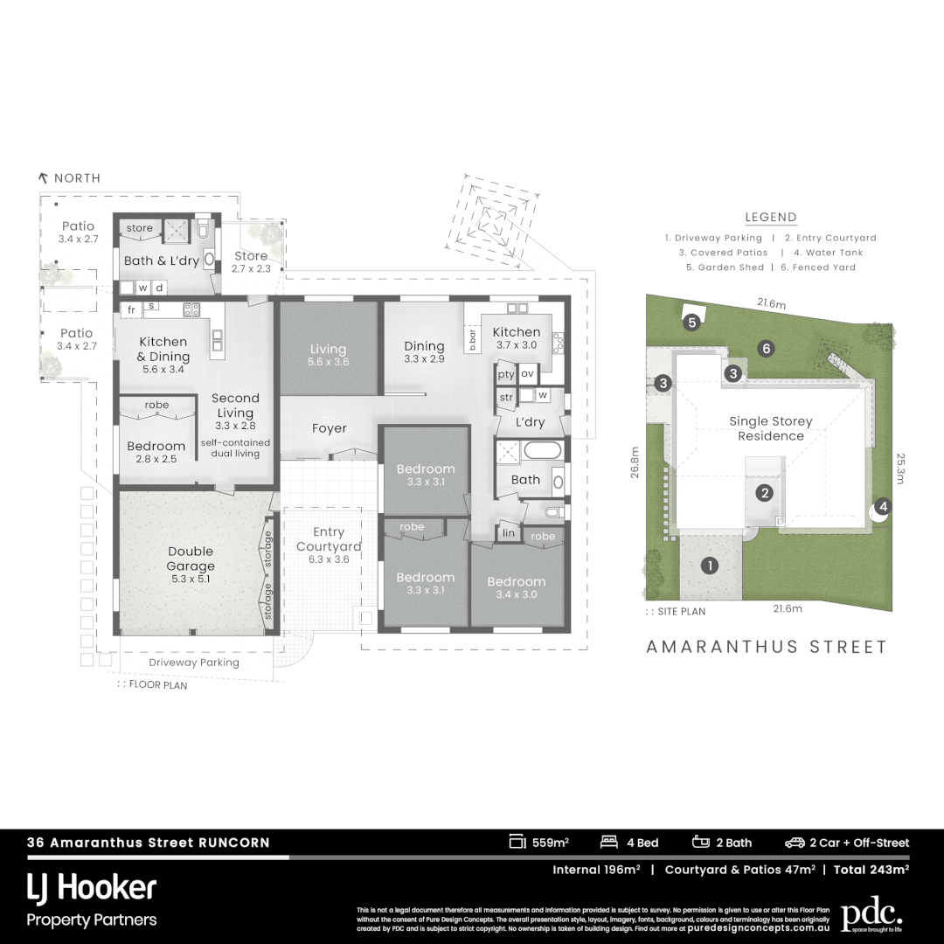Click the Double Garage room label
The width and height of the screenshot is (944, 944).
(x=191, y=559)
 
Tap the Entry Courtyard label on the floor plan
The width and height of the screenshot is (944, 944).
(x=330, y=539)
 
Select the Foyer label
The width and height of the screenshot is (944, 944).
(x=330, y=428)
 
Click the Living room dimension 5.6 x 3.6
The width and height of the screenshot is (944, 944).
(x=329, y=361)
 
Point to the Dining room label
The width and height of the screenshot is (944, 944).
(x=424, y=346)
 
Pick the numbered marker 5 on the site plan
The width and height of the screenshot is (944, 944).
(x=692, y=323)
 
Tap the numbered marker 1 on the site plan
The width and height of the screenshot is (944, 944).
(x=710, y=566)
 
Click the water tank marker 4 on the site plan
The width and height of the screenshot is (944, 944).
(x=883, y=506)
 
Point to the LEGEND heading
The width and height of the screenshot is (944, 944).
(x=770, y=218)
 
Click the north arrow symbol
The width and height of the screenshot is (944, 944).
(x=43, y=177)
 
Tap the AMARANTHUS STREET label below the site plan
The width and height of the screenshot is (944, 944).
(x=767, y=647)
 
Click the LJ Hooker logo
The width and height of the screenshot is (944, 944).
(x=92, y=889)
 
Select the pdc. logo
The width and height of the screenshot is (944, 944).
(x=871, y=914)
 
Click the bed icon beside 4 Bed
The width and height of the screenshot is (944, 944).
(x=609, y=843)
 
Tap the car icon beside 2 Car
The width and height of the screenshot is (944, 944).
(x=795, y=843)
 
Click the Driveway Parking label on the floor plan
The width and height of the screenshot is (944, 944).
(x=194, y=663)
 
